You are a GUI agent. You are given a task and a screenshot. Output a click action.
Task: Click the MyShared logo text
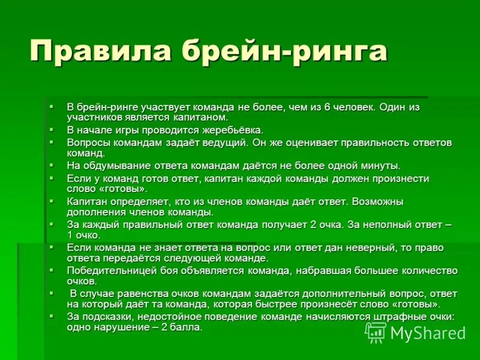(427, 333)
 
